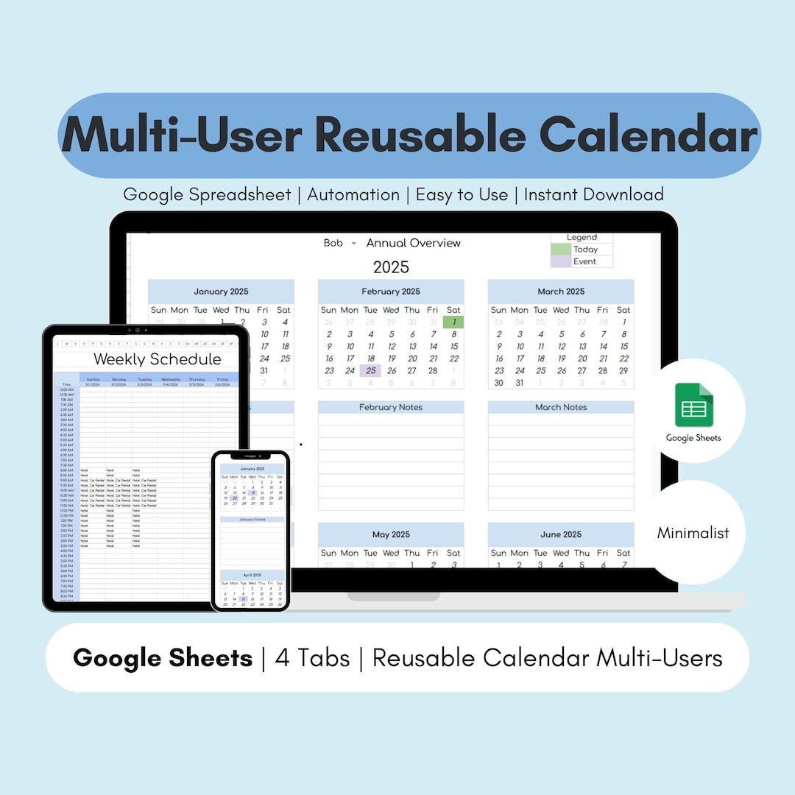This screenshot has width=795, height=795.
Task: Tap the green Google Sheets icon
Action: click(x=694, y=405)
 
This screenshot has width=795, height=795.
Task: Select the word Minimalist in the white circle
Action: click(x=693, y=532)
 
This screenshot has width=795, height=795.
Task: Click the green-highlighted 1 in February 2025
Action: click(x=453, y=322)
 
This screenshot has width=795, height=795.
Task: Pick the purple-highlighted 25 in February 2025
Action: click(x=370, y=370)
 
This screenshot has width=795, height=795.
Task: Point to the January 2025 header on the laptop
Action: click(x=221, y=291)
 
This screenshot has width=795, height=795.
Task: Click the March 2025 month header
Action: click(x=561, y=291)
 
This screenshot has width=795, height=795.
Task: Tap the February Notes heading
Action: click(x=391, y=407)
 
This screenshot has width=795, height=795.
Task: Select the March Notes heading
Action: click(x=561, y=407)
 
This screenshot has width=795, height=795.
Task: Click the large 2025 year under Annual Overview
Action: click(x=391, y=267)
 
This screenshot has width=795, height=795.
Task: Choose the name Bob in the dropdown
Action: click(x=333, y=243)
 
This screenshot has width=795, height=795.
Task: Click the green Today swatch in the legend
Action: click(x=561, y=250)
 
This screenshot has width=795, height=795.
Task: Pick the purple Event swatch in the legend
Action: click(x=561, y=261)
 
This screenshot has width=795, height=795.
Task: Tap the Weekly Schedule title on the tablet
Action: click(x=158, y=359)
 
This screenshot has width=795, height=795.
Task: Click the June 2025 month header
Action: click(x=561, y=534)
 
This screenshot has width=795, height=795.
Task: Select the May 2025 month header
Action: click(x=391, y=534)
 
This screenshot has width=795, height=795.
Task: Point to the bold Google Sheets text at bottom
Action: click(x=163, y=657)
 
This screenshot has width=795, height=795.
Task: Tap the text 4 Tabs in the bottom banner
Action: click(x=312, y=657)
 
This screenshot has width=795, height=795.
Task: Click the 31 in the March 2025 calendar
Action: click(x=520, y=383)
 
